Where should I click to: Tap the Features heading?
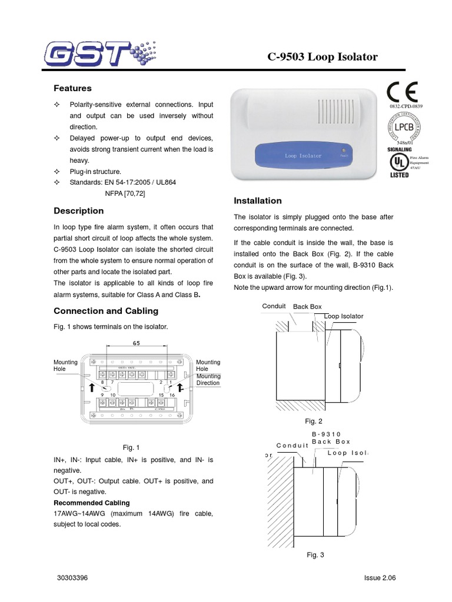tap(72, 88)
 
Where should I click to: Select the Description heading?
tap(78, 210)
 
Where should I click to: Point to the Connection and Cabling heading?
tap(105, 310)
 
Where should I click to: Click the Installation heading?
tap(258, 200)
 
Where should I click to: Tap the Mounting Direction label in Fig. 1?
tap(208, 379)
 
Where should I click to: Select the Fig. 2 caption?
tap(313, 421)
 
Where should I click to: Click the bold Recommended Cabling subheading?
tap(91, 503)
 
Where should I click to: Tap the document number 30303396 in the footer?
tap(72, 578)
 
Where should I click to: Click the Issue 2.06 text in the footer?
tap(380, 578)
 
